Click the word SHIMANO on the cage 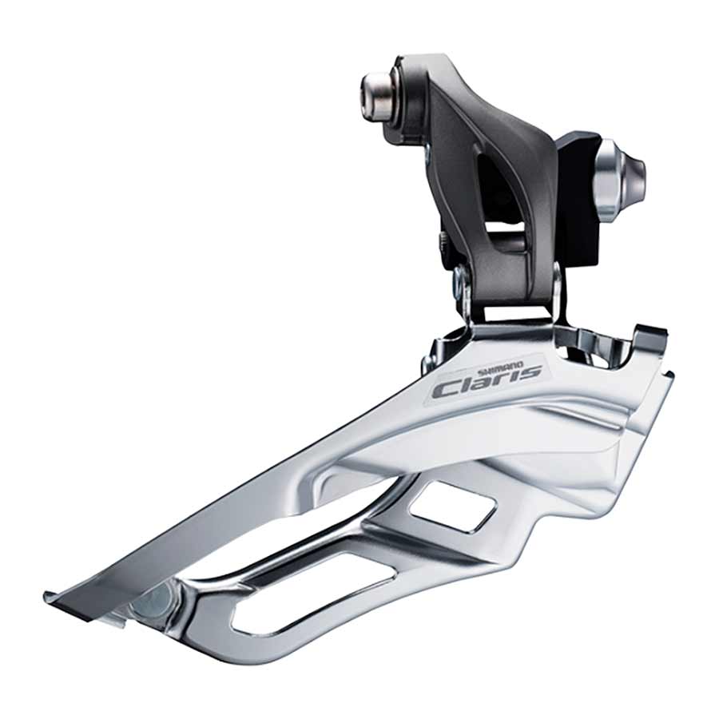[x=501, y=366]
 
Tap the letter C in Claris [x=444, y=389]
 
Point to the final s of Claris [x=531, y=371]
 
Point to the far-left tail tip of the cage [x=50, y=596]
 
